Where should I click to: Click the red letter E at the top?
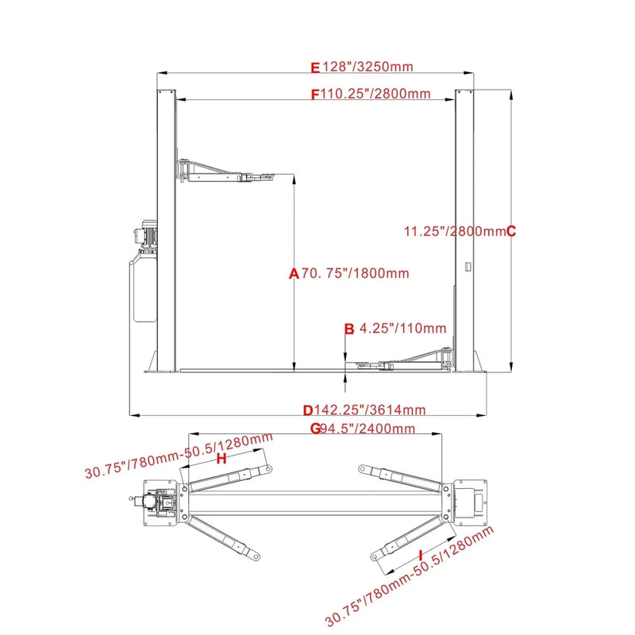[x=314, y=67]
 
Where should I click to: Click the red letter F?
[x=314, y=94]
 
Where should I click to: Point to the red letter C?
[x=511, y=232]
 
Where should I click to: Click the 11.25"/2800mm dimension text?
[x=454, y=232]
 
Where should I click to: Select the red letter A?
[x=293, y=274]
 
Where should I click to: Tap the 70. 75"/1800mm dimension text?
[x=354, y=274]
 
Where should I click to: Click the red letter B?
[x=348, y=328]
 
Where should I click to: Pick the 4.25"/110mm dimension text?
[x=402, y=328]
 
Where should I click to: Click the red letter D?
[x=308, y=410]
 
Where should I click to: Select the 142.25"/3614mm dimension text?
[x=370, y=410]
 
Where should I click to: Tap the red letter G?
[x=314, y=429]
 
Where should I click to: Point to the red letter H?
[x=221, y=459]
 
